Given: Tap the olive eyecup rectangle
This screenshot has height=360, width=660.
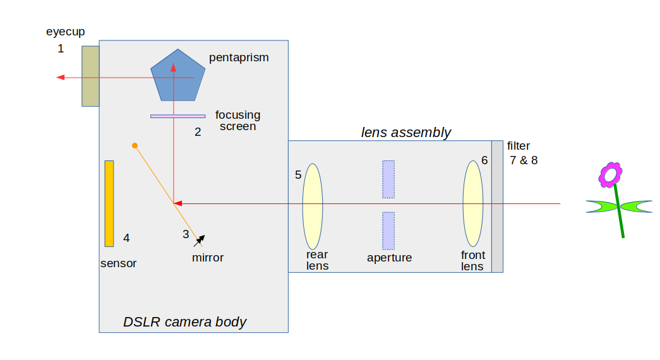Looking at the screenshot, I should tap(90, 76).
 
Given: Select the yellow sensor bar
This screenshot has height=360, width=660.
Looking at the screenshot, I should tap(109, 203).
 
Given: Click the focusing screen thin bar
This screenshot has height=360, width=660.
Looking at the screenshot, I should tap(177, 116).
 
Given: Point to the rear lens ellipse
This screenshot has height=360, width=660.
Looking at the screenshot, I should tap(312, 207).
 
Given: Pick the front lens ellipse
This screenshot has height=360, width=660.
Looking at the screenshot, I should tap(473, 203).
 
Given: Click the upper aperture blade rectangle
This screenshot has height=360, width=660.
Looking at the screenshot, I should tap(388, 179).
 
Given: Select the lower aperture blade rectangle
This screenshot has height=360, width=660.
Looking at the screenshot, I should tap(388, 231).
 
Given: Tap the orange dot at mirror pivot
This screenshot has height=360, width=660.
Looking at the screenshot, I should tap(135, 146).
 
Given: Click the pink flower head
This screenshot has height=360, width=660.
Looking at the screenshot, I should tap(611, 174).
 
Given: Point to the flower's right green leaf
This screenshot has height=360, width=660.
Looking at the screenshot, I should tap(636, 206).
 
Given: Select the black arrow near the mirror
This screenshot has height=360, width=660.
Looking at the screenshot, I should tap(199, 240).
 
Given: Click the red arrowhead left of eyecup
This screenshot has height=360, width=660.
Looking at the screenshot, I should tap(61, 77).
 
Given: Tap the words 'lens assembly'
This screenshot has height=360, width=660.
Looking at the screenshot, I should tap(406, 133).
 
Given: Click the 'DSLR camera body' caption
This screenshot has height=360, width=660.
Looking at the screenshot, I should tap(184, 322).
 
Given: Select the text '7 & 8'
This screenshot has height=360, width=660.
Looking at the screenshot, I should tap(524, 160).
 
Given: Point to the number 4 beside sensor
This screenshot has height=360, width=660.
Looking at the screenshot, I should tap(126, 238).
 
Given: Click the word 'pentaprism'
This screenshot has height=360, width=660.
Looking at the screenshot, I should tap(239, 58).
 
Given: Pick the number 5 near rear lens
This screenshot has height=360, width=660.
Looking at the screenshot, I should tap(298, 175).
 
